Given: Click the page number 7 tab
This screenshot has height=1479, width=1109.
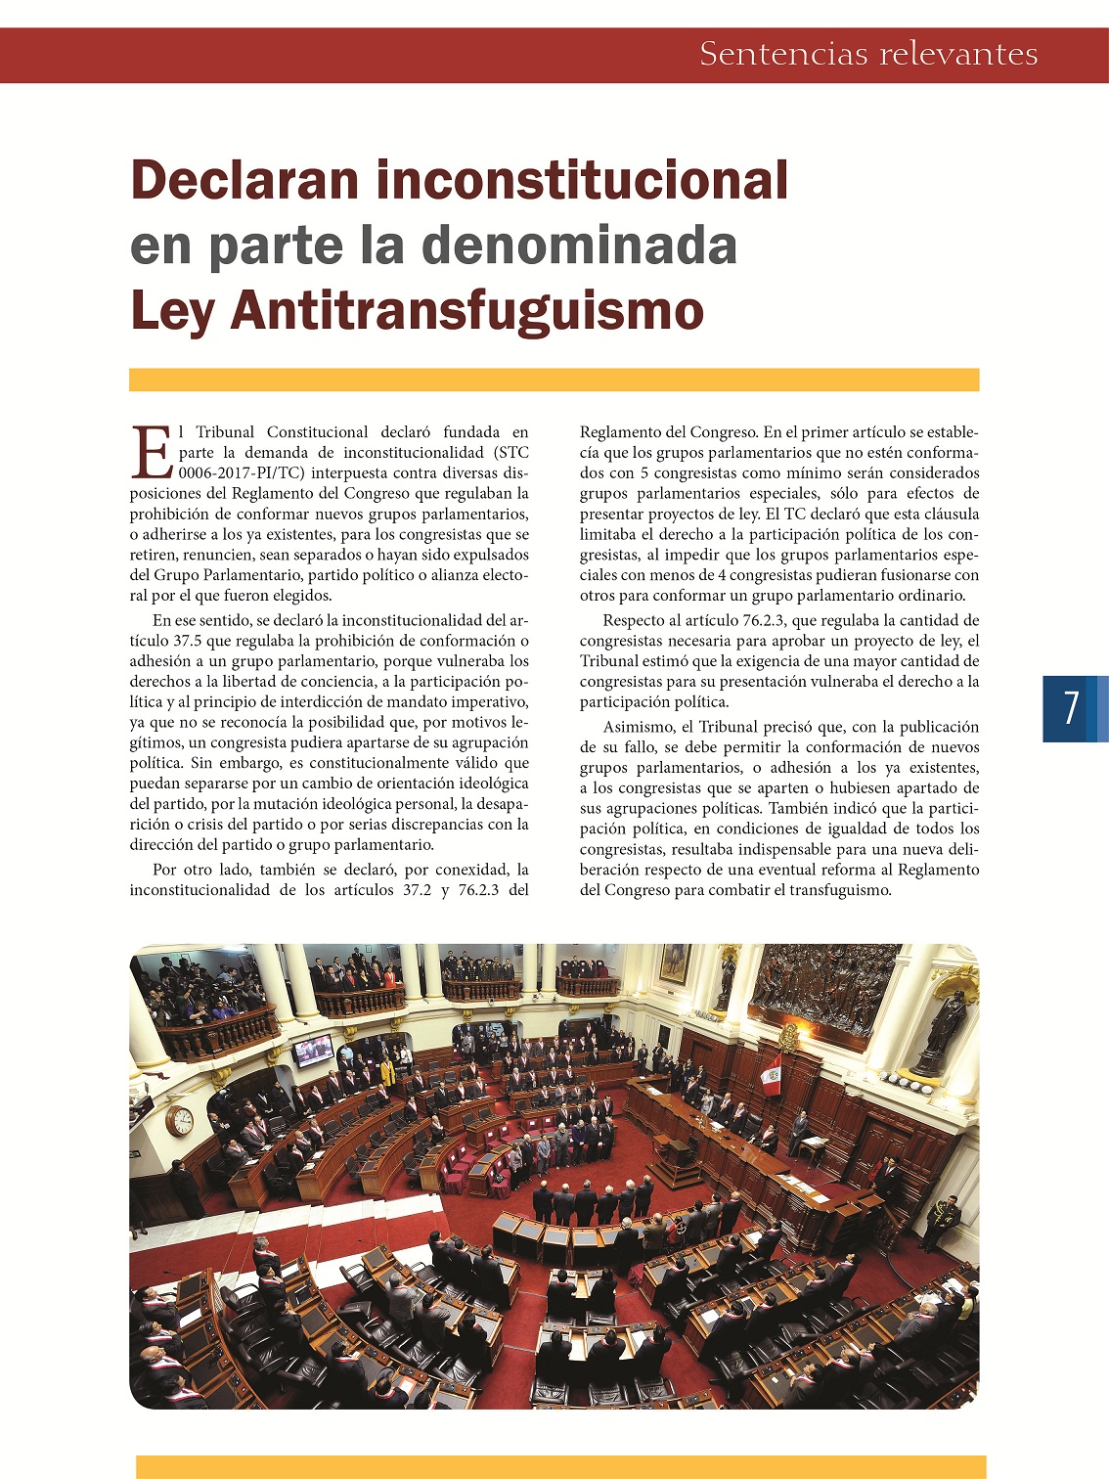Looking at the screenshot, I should click(x=1073, y=708).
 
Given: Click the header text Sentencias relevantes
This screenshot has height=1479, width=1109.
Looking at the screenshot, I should click(x=868, y=54).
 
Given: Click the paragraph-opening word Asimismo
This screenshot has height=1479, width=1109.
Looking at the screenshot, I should click(x=638, y=727).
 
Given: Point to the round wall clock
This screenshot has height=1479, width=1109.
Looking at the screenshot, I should click(x=180, y=1120).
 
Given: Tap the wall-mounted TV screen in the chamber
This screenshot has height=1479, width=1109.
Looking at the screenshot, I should click(x=313, y=1051).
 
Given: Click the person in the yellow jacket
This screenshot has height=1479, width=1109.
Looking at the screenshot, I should click(x=387, y=1073).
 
